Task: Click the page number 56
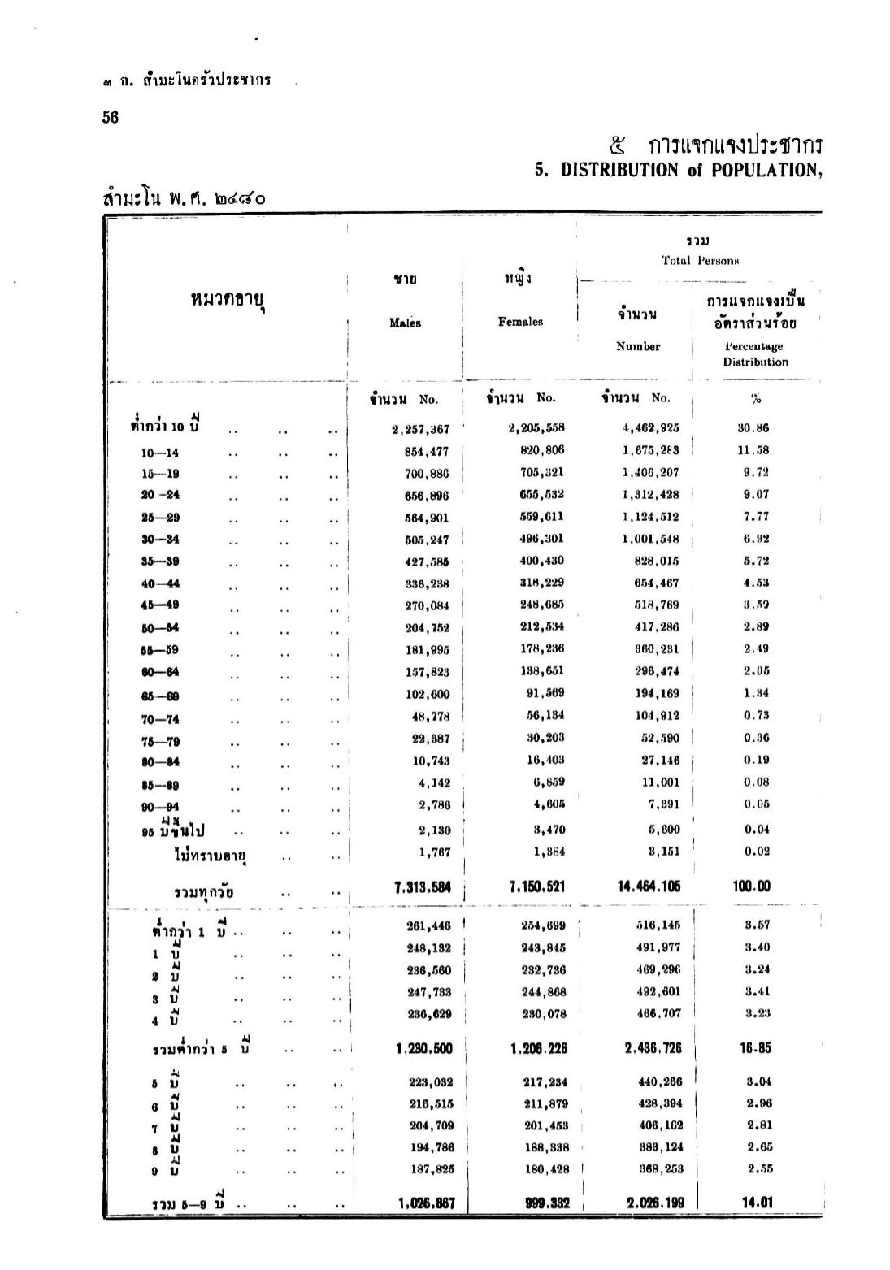click(x=111, y=117)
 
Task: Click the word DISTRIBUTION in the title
click(x=620, y=171)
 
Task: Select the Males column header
click(x=405, y=323)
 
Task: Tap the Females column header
click(x=520, y=322)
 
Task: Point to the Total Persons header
click(x=699, y=261)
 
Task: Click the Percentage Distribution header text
click(x=755, y=354)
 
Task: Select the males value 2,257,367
click(x=420, y=429)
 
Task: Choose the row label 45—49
click(x=160, y=605)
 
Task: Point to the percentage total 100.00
click(x=752, y=886)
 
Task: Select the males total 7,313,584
click(x=422, y=886)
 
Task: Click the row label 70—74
click(x=160, y=719)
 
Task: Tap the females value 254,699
click(x=543, y=925)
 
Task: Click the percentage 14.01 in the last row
click(x=755, y=1203)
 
